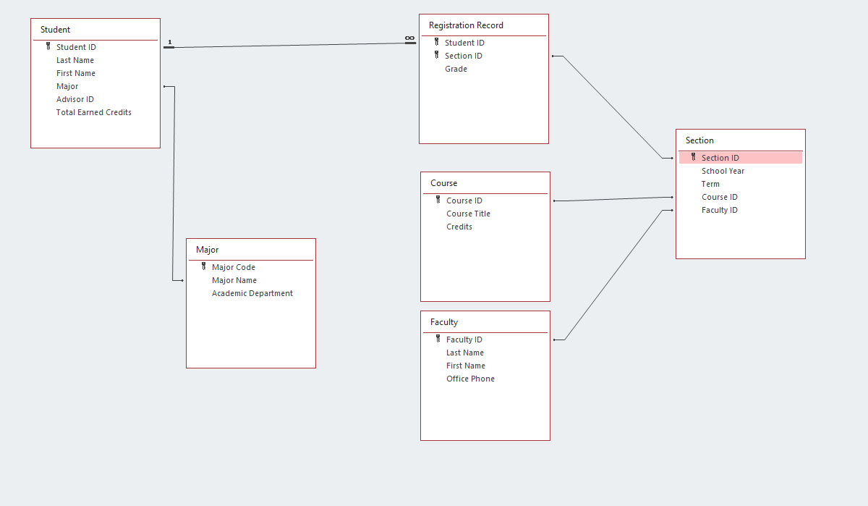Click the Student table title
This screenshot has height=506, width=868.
(x=56, y=30)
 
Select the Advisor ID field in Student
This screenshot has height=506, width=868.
(x=75, y=99)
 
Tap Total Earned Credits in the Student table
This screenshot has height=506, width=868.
(x=94, y=112)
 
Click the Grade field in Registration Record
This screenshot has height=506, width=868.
(x=456, y=69)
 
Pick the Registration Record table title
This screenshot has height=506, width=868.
(x=466, y=25)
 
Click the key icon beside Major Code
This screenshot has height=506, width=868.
(x=204, y=266)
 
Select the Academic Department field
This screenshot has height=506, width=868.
(x=252, y=293)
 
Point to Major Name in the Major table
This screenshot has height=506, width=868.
(x=234, y=280)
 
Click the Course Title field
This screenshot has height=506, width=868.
(x=468, y=214)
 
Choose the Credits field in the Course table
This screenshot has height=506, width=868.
(x=459, y=227)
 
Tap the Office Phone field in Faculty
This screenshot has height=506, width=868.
(x=470, y=379)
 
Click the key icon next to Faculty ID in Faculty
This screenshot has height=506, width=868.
(x=438, y=339)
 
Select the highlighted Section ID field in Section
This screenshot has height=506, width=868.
(x=720, y=158)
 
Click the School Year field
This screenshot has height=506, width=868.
(x=723, y=171)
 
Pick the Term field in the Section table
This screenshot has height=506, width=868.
(x=710, y=184)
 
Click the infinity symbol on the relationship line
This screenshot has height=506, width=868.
(x=409, y=38)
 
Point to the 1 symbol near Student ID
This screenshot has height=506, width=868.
(x=170, y=42)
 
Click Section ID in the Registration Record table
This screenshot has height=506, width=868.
(x=464, y=56)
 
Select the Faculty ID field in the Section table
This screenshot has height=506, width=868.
(x=720, y=210)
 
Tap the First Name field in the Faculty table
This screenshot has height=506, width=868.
(x=466, y=366)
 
